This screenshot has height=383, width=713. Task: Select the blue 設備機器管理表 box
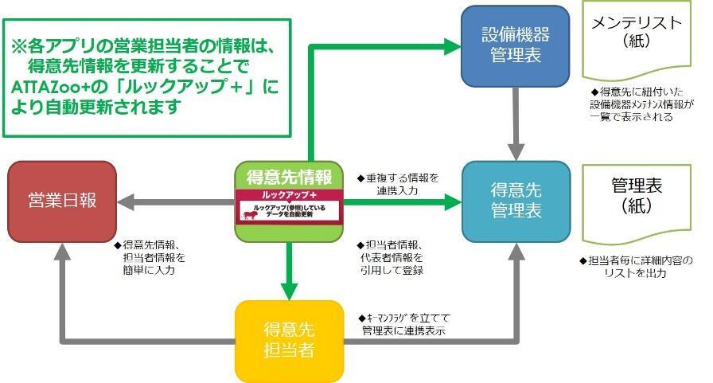click(x=516, y=46)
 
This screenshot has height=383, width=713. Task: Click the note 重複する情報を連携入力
click(x=398, y=184)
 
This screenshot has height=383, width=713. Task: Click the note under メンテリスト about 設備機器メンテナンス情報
click(x=641, y=105)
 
